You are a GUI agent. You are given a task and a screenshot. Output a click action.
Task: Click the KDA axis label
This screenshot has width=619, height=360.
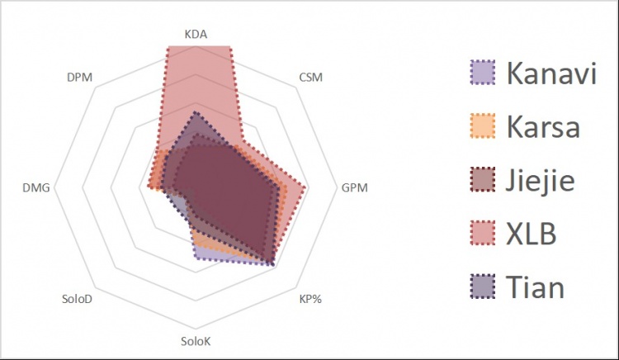196,35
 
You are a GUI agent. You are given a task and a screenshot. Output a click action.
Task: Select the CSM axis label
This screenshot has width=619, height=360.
310,78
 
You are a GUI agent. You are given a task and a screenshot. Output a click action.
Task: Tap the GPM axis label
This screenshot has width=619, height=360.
355,188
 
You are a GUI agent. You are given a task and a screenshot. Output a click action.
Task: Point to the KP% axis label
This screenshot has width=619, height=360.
309,298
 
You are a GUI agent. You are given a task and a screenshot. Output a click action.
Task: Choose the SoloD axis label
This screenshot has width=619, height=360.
77,298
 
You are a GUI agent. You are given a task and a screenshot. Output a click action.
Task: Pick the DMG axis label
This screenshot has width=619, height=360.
37,188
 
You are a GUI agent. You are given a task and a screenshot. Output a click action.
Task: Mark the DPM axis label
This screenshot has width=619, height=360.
79,78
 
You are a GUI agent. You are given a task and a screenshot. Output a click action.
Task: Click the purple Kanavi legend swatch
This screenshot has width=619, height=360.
482,73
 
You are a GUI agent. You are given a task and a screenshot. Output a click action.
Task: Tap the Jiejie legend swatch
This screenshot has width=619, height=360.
482,180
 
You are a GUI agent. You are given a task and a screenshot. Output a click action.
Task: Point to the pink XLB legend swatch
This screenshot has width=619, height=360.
482,234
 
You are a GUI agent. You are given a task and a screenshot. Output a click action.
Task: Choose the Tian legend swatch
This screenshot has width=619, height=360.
482,287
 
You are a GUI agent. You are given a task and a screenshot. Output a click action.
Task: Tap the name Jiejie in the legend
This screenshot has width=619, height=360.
541,180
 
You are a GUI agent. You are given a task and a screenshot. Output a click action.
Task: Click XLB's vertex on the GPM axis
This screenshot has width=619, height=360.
306,188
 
